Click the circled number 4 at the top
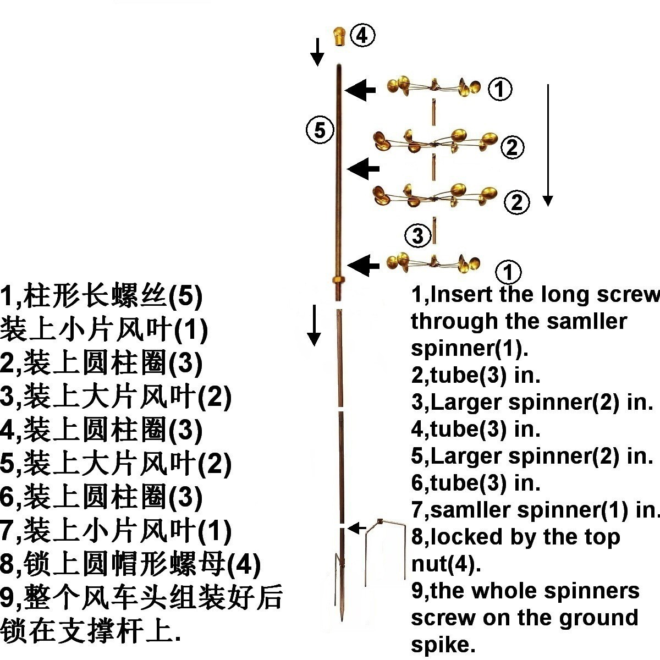(x=362, y=36)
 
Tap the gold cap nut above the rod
(x=339, y=36)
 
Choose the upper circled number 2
(x=513, y=147)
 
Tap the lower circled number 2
(x=517, y=202)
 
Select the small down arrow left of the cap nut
(x=317, y=52)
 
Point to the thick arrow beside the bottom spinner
(x=363, y=266)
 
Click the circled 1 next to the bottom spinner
(x=508, y=272)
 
